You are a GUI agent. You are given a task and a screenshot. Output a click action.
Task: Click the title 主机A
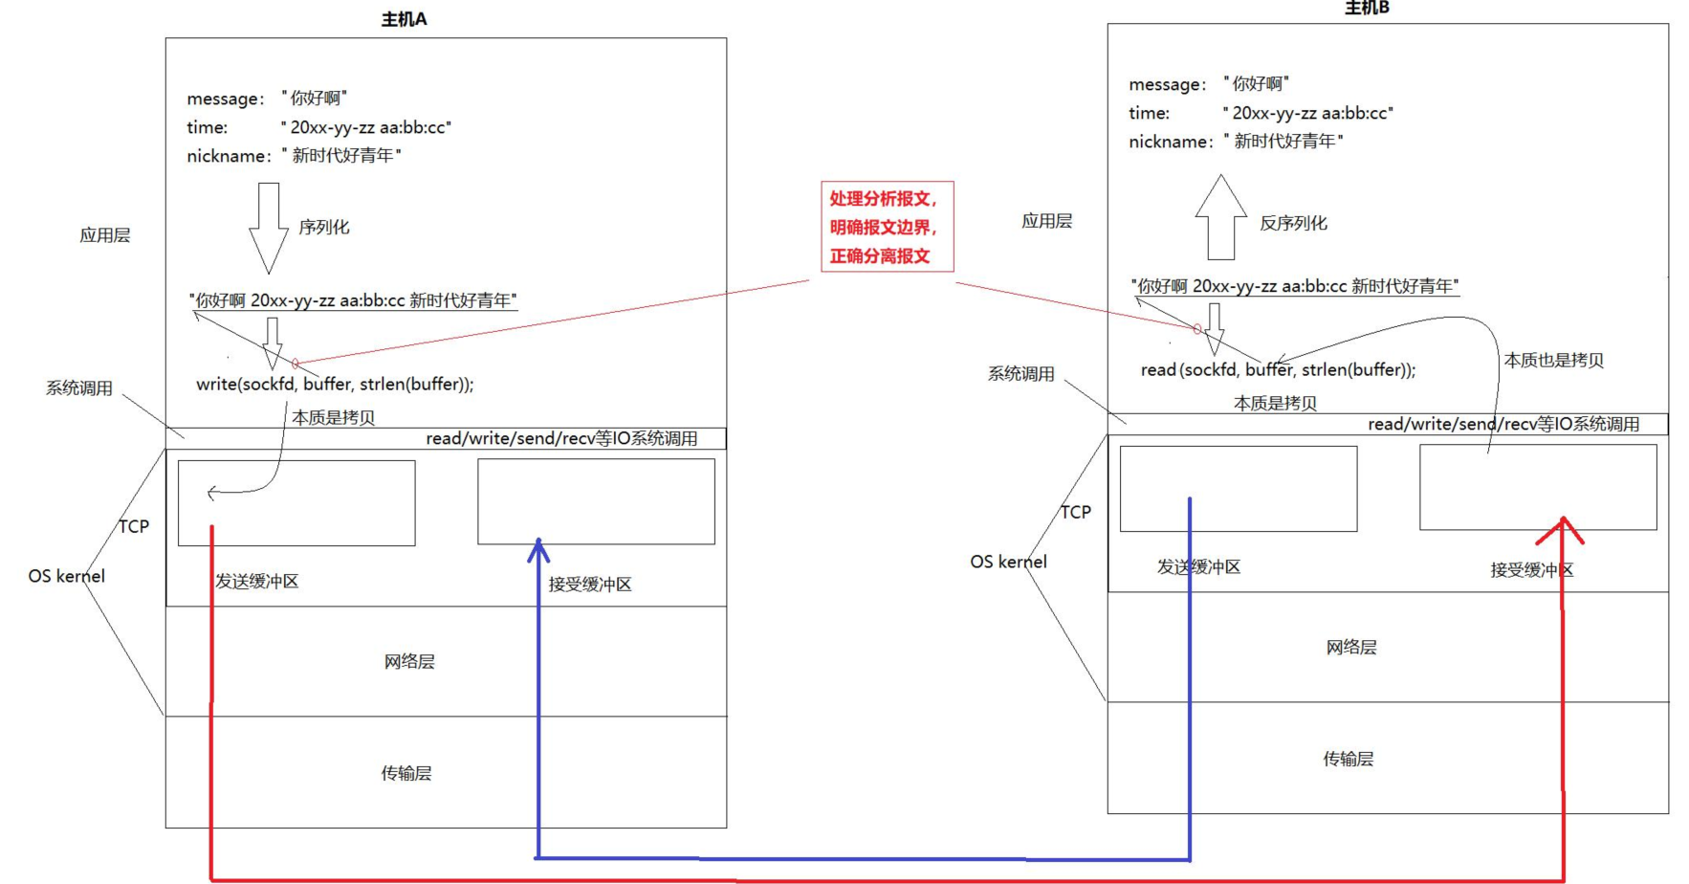(x=404, y=19)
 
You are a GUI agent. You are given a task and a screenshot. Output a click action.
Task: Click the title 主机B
(x=1367, y=9)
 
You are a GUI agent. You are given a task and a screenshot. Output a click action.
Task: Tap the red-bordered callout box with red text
(x=887, y=227)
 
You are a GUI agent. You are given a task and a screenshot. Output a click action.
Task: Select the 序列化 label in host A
(x=324, y=228)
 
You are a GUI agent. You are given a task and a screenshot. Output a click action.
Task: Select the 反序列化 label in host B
(x=1293, y=223)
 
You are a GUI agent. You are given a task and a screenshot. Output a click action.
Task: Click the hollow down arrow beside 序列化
(x=269, y=228)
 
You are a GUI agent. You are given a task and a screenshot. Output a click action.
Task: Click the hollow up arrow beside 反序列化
(x=1220, y=217)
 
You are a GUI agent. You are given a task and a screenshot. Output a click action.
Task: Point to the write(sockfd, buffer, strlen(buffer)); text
(x=335, y=384)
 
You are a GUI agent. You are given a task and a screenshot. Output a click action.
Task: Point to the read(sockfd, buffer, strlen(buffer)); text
(x=1278, y=369)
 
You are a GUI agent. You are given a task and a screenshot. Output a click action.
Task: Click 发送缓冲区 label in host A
(x=256, y=582)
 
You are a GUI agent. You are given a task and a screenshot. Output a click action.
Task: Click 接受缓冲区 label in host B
(x=1531, y=570)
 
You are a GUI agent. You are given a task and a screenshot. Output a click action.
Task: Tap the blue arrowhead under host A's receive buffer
(x=538, y=549)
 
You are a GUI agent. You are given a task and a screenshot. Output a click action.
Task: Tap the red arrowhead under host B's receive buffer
(x=1563, y=529)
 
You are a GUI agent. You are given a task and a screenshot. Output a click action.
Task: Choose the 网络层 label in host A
(x=409, y=662)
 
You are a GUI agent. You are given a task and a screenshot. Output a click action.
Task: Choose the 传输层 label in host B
(x=1348, y=759)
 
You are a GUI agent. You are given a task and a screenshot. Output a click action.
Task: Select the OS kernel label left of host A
(x=66, y=576)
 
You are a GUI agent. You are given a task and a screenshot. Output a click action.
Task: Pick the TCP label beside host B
(x=1075, y=512)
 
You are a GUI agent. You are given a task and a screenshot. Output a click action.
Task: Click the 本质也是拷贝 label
(x=1553, y=361)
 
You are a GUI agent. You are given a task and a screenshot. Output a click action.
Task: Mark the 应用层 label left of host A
(x=104, y=235)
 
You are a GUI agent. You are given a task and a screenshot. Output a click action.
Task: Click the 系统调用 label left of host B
(x=1020, y=374)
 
